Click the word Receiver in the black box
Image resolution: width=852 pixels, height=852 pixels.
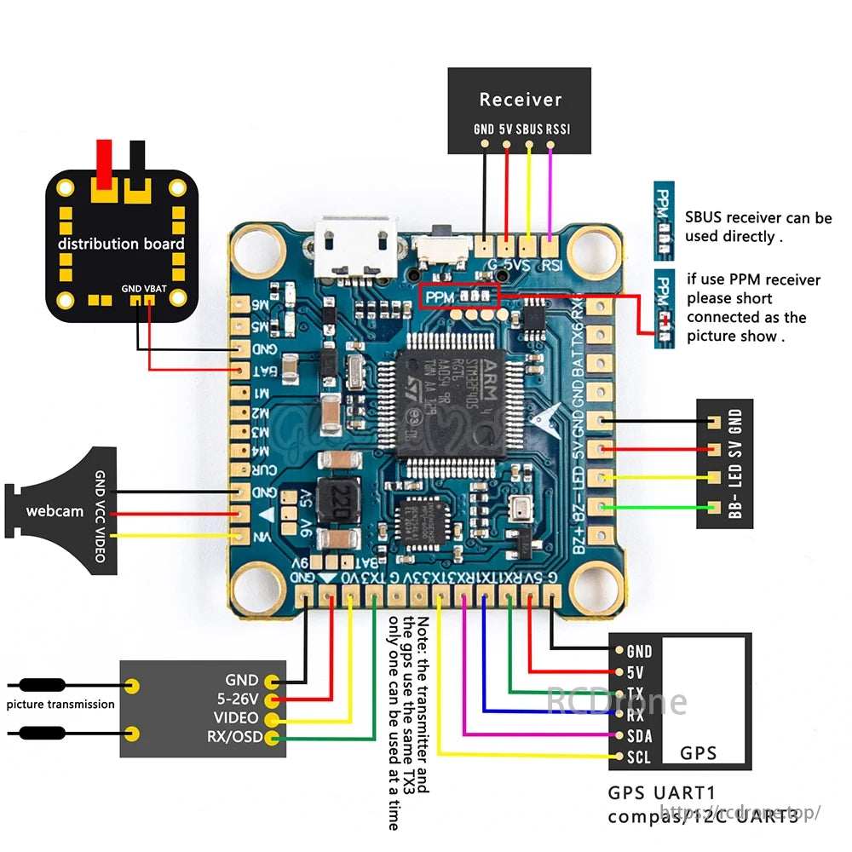pos(520,100)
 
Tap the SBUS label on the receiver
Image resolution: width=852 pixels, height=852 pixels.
pos(530,130)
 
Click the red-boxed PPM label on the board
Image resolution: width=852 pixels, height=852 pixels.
pos(440,297)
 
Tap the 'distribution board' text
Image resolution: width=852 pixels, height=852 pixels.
pos(121,244)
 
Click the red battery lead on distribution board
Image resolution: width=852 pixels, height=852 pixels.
pos(106,167)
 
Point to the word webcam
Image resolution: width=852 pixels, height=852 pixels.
pos(55,511)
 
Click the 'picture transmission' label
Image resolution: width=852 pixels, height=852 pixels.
pos(60,704)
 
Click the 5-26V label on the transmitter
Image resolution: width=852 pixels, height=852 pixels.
pos(238,699)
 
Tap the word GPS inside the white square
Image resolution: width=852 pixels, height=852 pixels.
pos(698,752)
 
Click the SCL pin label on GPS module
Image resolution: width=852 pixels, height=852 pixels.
pos(639,757)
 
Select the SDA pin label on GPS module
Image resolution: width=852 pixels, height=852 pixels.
pos(639,735)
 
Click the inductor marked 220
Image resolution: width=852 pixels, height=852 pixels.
pos(342,498)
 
